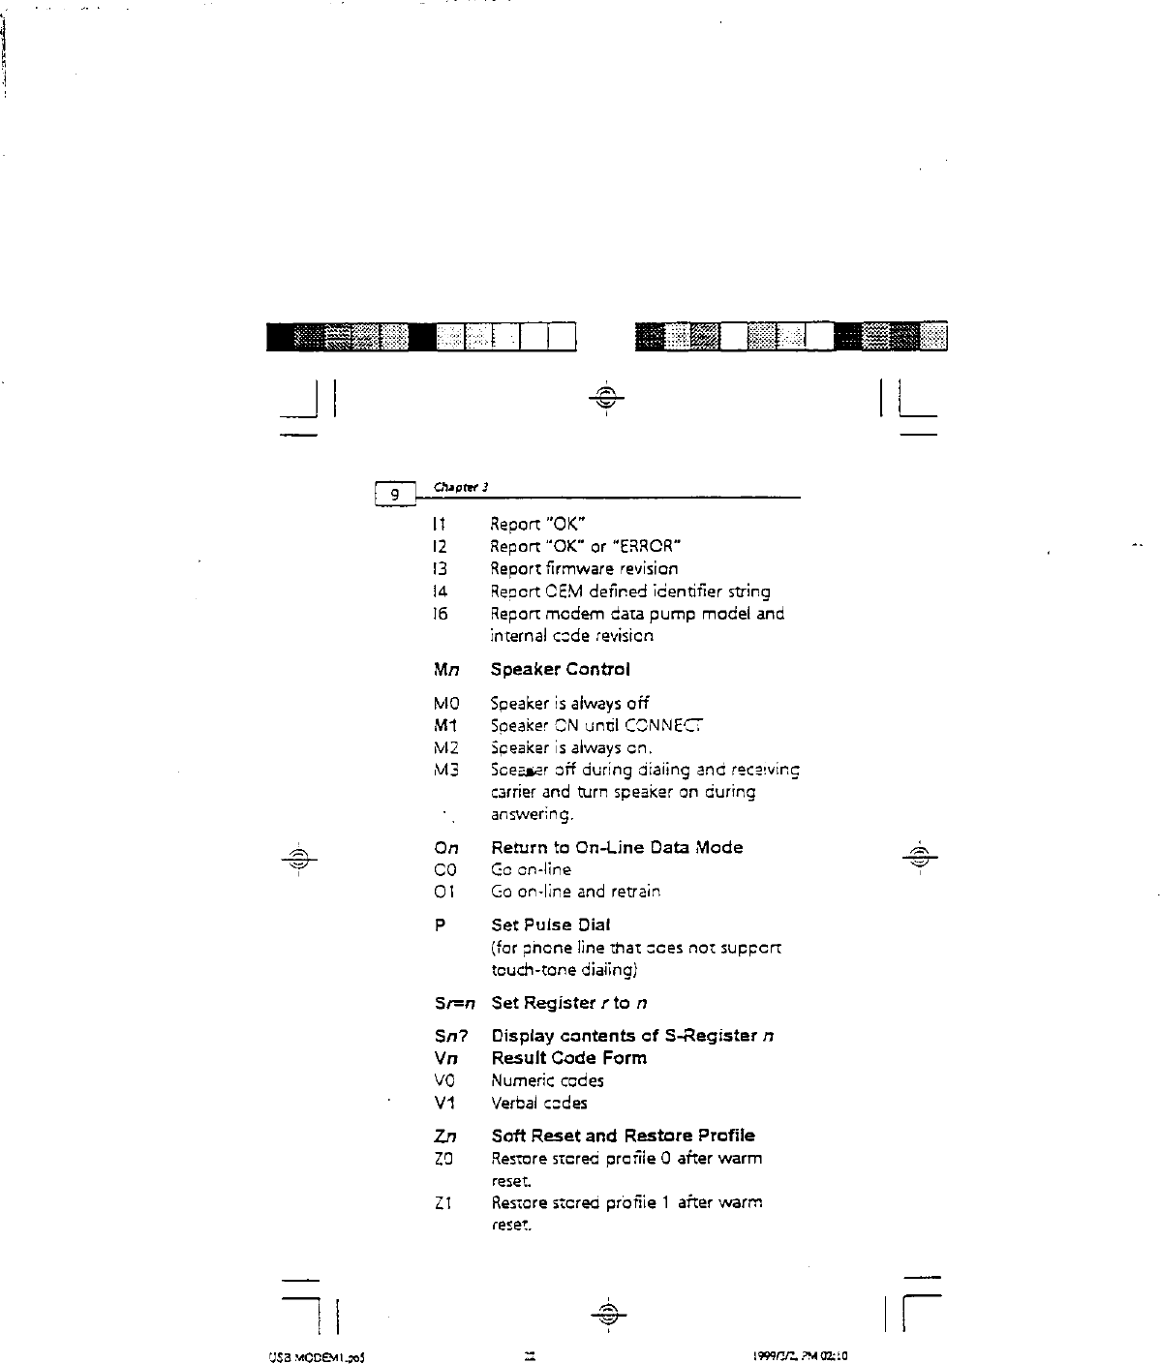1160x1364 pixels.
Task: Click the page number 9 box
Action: coord(394,494)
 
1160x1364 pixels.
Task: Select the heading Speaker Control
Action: coord(560,669)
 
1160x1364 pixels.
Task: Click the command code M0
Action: coord(445,703)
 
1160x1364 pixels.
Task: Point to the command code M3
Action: coord(445,771)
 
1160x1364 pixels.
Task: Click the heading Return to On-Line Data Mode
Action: coord(617,847)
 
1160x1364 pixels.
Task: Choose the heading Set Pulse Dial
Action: coord(550,924)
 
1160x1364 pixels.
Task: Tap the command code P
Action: coord(441,924)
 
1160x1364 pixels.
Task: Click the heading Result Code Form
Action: coord(568,1057)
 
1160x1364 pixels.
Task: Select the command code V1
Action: coord(444,1103)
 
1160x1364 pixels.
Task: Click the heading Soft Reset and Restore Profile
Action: coord(623,1135)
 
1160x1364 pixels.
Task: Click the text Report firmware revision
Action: coord(584,568)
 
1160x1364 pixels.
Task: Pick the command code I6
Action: coord(442,614)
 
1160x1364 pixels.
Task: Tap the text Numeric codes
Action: coord(547,1080)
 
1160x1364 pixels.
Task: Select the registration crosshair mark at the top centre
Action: coord(605,397)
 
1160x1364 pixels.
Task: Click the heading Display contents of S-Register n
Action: coord(631,1035)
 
